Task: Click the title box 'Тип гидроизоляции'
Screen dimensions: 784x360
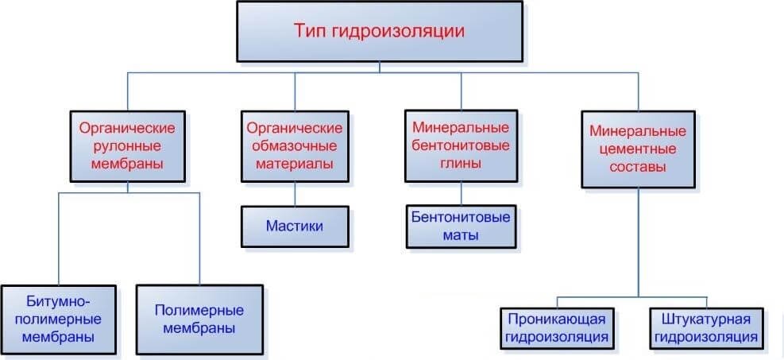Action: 380,32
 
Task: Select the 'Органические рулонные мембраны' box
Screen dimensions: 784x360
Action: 128,145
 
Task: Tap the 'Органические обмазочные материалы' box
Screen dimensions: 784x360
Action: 295,145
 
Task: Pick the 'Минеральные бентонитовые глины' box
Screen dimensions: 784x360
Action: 461,145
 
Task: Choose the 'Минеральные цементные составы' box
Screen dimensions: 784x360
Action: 638,149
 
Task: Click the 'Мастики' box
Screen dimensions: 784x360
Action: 295,226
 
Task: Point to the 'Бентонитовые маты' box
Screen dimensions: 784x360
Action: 461,226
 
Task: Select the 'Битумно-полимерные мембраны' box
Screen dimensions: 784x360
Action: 59,320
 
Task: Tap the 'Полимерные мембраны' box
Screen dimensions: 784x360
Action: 199,320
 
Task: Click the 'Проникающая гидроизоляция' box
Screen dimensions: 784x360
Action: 557,327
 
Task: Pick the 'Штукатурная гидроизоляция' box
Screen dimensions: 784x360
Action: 707,327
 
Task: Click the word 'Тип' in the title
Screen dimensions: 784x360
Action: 306,31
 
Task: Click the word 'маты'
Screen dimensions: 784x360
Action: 461,235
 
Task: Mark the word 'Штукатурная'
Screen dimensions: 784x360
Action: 707,319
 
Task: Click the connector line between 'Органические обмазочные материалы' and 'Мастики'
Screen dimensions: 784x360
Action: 295,193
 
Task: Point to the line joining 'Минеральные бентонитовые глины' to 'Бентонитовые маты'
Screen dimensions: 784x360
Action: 461,193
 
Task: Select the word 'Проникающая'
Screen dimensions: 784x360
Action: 557,319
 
